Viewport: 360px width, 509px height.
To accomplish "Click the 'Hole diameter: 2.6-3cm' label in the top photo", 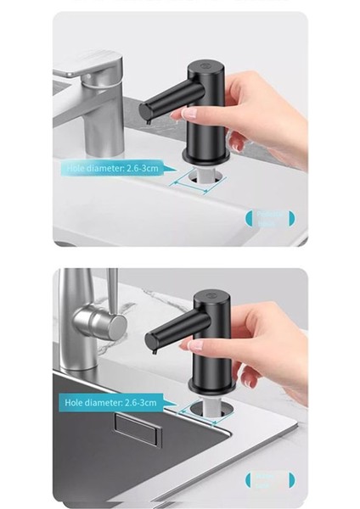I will point(112,168).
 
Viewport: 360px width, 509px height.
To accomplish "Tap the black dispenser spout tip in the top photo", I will point(145,113).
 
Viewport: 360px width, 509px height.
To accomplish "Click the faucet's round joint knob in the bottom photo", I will point(91,322).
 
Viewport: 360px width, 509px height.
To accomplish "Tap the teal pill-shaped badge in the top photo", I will point(271,218).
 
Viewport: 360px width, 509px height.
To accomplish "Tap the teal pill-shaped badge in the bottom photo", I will point(271,479).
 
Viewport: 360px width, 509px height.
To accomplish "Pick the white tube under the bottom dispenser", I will point(206,406).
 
